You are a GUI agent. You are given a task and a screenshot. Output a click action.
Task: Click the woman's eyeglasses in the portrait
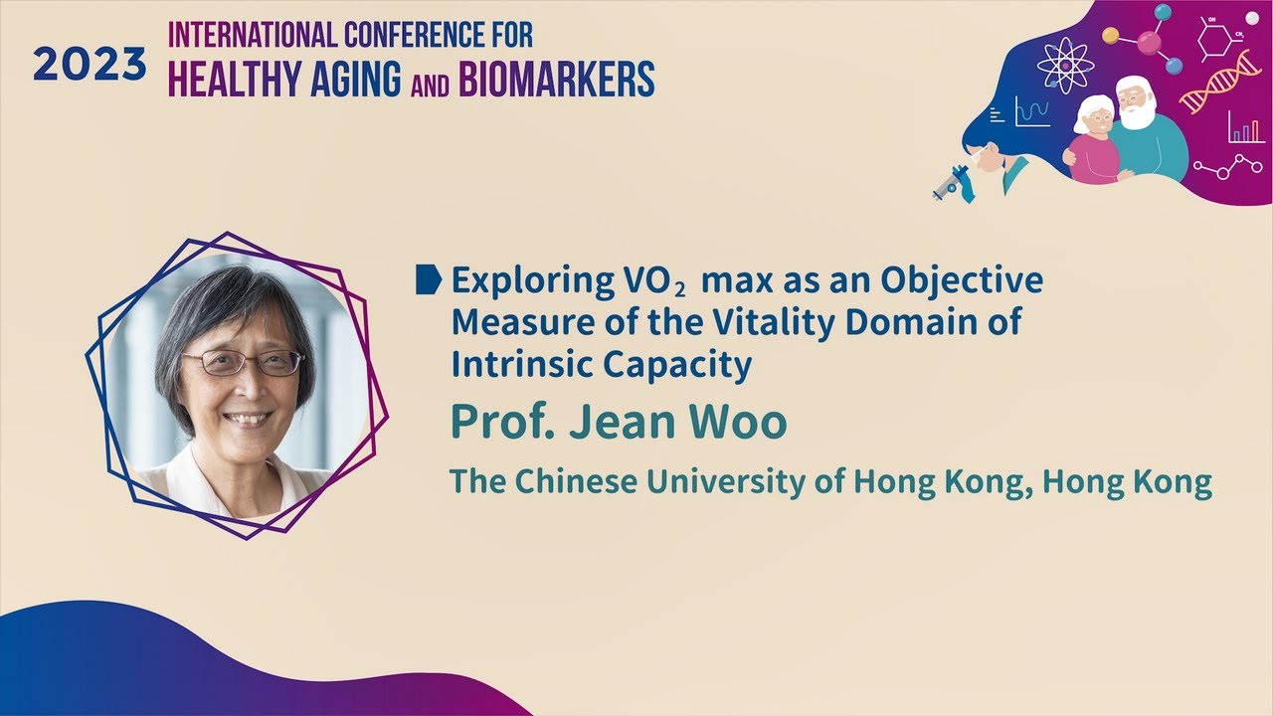(x=243, y=363)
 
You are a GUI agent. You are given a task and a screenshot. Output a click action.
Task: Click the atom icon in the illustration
(x=1061, y=62)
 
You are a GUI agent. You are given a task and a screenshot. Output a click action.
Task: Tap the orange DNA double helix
(x=1218, y=84)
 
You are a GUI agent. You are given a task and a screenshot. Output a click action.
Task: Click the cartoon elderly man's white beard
(x=1140, y=115)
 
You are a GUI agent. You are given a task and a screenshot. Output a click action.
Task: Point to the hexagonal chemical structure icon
(x=1217, y=42)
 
